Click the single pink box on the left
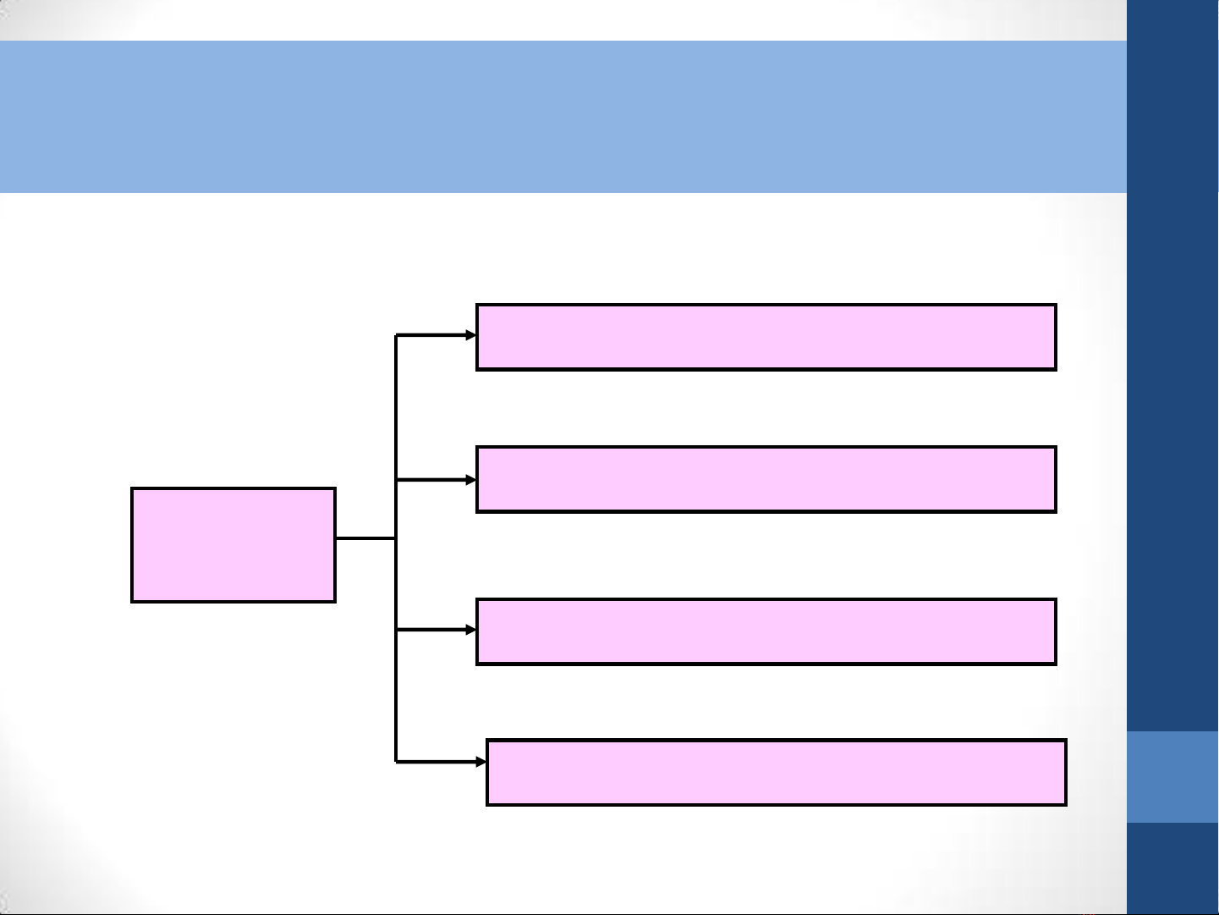click(x=233, y=545)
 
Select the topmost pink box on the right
click(x=766, y=337)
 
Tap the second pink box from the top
click(x=766, y=479)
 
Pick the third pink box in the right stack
click(x=766, y=631)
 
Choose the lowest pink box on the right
click(x=777, y=772)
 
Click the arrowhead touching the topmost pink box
click(x=471, y=335)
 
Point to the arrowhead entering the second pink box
click(x=471, y=480)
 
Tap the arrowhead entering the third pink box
click(x=471, y=630)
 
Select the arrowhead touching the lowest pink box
click(x=481, y=762)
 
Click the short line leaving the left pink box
click(x=365, y=537)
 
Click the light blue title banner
click(x=563, y=117)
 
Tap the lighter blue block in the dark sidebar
click(x=1172, y=776)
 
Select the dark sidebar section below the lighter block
click(x=1172, y=868)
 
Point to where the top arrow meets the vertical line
click(x=396, y=335)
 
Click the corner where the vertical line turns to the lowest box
click(x=396, y=762)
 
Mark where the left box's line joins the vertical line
click(x=396, y=537)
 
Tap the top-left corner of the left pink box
click(x=132, y=488)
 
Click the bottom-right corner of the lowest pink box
click(x=1065, y=804)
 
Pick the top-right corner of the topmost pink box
click(x=1056, y=305)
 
